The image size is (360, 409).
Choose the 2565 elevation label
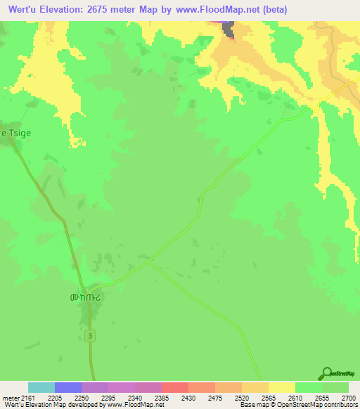(269, 397)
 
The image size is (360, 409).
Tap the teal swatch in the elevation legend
(41, 387)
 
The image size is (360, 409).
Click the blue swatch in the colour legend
(67, 387)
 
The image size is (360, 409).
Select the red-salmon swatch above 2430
(174, 387)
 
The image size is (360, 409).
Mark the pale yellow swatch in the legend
(281, 387)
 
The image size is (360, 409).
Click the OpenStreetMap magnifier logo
(326, 372)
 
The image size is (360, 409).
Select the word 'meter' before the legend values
(10, 397)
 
